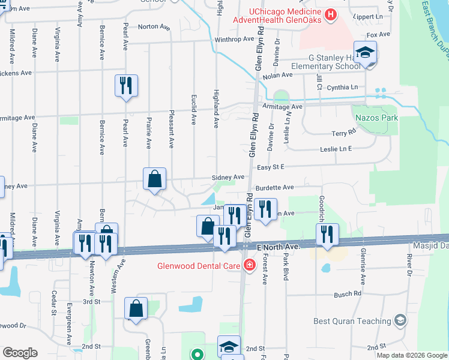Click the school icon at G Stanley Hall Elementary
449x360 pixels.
[x=365, y=52]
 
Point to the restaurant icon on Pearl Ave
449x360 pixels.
[x=126, y=86]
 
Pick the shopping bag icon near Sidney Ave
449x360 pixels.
[x=155, y=178]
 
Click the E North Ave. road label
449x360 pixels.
[x=277, y=247]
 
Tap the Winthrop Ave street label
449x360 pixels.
[x=234, y=40]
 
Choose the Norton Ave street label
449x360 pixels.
[x=155, y=26]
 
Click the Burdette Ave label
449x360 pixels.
[x=274, y=188]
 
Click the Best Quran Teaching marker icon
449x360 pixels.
[x=400, y=321]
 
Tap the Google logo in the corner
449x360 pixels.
[x=20, y=353]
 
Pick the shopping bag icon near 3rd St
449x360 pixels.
[x=136, y=308]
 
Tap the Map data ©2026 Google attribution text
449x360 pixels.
[x=412, y=355]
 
